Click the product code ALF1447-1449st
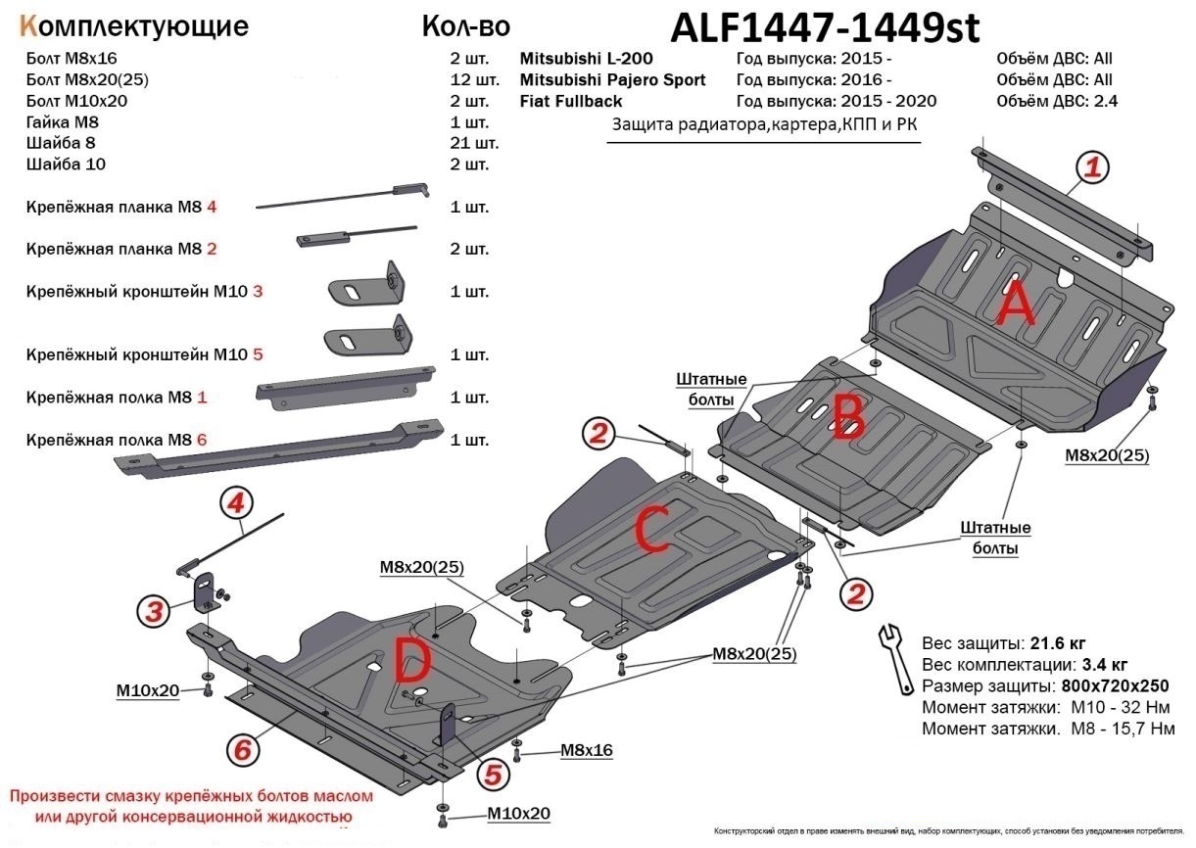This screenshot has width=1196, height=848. click(824, 29)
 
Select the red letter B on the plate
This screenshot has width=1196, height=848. click(848, 415)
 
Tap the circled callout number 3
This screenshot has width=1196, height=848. click(152, 612)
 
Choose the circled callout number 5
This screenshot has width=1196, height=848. click(492, 774)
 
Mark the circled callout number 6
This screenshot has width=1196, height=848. click(242, 750)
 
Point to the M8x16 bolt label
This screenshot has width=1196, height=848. click(586, 750)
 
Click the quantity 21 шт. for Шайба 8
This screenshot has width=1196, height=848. click(474, 143)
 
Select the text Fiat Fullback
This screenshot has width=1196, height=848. click(570, 101)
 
